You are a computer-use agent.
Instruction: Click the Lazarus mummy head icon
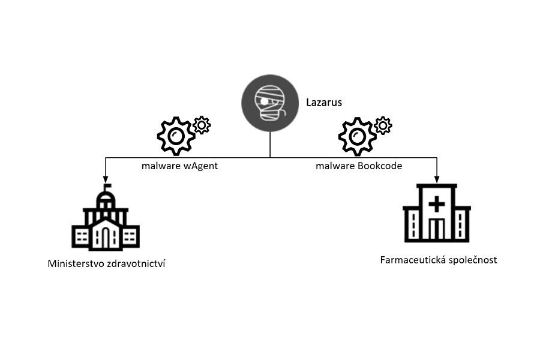[270, 103]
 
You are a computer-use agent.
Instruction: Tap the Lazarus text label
[324, 103]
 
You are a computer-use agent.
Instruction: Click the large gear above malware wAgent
[176, 136]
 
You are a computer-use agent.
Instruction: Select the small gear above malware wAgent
[202, 125]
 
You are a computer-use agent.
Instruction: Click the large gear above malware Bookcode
[358, 136]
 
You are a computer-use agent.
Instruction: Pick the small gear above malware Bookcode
[383, 125]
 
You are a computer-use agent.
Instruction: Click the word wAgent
[200, 166]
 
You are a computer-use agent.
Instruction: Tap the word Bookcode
[380, 166]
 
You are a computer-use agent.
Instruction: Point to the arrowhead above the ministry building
[106, 179]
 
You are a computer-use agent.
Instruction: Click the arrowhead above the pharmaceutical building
[437, 179]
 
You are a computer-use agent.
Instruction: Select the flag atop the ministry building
[107, 187]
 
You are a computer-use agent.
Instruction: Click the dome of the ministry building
[106, 199]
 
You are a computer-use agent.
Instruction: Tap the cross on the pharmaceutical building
[436, 204]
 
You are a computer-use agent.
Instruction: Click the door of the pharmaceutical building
[436, 229]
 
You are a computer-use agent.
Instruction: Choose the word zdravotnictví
[136, 264]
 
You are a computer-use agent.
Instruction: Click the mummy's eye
[264, 101]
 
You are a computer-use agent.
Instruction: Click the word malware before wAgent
[161, 166]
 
